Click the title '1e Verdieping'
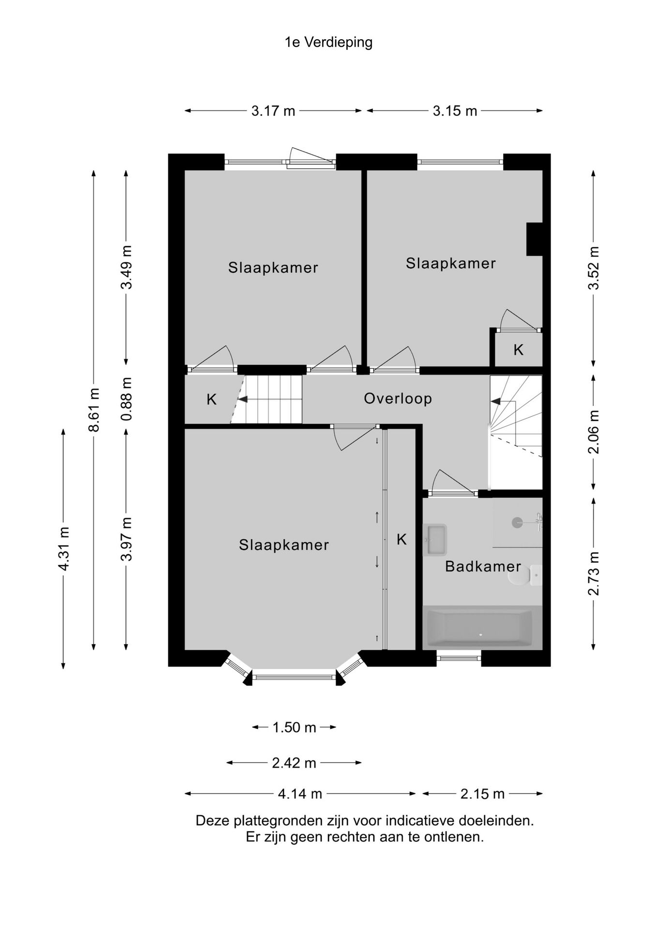coord(328,43)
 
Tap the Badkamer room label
coord(483,567)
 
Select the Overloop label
coord(398,399)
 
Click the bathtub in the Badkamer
coord(478,628)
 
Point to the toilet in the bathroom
coord(525,576)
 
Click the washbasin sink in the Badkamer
coord(435,539)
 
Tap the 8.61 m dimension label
coord(94,410)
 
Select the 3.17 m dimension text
coord(273,111)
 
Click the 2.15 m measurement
coord(482,794)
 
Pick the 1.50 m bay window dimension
coord(294,727)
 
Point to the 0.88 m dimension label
coord(126,399)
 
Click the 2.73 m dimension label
coord(594,574)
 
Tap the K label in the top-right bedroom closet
coord(518,350)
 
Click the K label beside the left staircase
coord(211,400)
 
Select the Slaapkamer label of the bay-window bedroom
coord(284,545)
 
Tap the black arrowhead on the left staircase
coord(242,399)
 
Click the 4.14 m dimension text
coord(300,794)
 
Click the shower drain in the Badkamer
coord(517,522)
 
